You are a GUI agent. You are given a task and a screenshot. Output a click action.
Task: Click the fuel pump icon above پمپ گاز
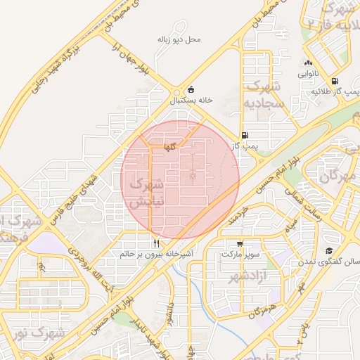[244, 136]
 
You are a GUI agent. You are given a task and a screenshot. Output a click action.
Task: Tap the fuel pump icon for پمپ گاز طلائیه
[334, 81]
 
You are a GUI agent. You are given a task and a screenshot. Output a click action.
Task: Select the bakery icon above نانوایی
[308, 63]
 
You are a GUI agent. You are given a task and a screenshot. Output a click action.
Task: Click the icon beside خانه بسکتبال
[191, 89]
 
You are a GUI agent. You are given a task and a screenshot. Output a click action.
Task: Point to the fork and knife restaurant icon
[156, 243]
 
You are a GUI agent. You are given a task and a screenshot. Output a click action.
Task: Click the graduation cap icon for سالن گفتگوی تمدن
[328, 251]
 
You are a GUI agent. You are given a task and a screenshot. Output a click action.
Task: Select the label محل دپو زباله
[179, 39]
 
